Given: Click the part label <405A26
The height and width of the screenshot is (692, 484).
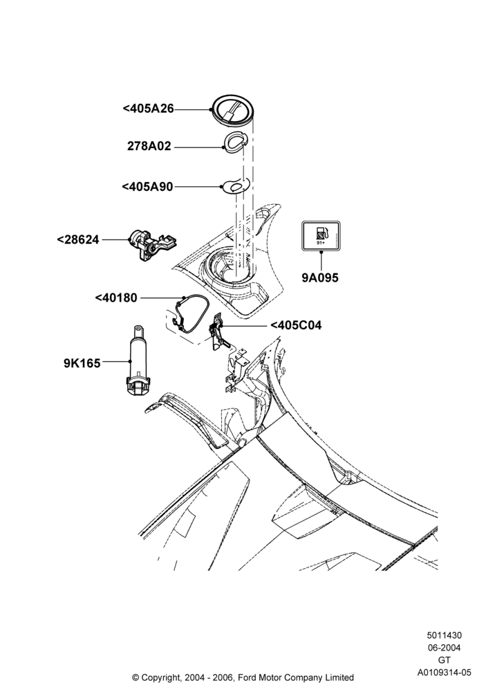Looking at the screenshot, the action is click(148, 109).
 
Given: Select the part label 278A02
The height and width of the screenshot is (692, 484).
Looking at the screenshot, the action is click(149, 146).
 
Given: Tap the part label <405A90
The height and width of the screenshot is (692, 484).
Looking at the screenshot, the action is click(147, 187).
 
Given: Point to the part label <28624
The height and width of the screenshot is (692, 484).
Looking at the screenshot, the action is click(78, 239).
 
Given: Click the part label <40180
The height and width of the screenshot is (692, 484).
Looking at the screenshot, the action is click(116, 298).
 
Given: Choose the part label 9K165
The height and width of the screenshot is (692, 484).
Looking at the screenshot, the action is click(82, 363).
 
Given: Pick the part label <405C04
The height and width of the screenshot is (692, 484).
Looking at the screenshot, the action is click(296, 325).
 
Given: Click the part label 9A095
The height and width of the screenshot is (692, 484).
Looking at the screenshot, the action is click(320, 277).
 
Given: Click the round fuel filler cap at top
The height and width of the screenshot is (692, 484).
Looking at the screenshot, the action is click(233, 109).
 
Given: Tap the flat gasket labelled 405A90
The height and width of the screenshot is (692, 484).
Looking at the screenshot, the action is click(234, 185).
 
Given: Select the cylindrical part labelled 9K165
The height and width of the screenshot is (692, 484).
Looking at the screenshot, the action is click(139, 362).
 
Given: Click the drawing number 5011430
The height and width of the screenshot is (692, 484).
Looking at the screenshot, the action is click(445, 635).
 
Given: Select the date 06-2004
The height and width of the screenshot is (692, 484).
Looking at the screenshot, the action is click(445, 648).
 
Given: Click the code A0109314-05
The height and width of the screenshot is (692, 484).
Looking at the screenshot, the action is click(445, 673).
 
